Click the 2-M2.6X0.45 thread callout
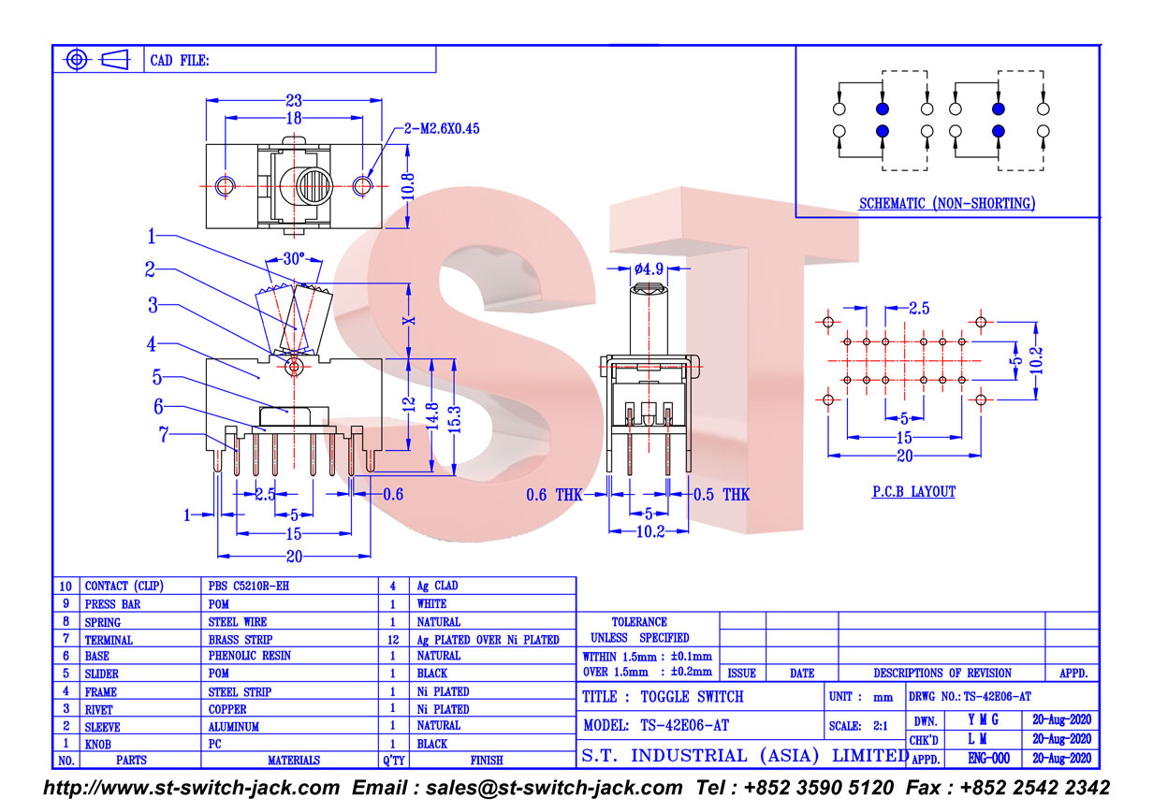click(x=442, y=129)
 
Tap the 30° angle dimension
click(x=294, y=258)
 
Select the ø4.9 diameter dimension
click(x=649, y=268)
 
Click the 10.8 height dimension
click(x=408, y=186)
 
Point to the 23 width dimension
click(x=294, y=100)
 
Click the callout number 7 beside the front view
click(x=163, y=435)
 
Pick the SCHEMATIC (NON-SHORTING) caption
click(x=947, y=203)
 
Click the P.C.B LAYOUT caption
click(x=913, y=492)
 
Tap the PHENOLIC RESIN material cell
click(x=250, y=656)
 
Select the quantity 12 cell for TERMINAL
click(x=393, y=640)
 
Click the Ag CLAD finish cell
click(x=437, y=586)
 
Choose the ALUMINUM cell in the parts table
click(x=234, y=727)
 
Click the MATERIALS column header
click(x=294, y=760)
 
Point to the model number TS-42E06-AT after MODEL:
click(x=685, y=726)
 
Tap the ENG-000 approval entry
click(x=988, y=759)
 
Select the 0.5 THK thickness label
click(x=722, y=495)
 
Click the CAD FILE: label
click(x=180, y=61)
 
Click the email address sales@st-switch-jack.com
click(x=554, y=788)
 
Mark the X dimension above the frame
click(x=408, y=321)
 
